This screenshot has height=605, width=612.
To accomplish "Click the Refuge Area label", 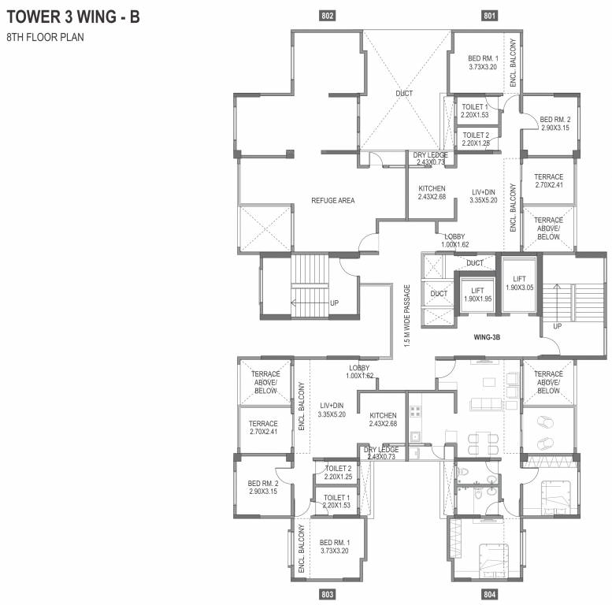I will [x=332, y=201].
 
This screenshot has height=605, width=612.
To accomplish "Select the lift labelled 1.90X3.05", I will [x=519, y=284].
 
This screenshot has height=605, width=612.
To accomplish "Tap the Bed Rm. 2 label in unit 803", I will [x=263, y=487].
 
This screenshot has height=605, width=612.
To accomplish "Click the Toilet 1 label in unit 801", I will [x=475, y=110].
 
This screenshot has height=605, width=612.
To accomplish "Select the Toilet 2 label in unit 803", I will [x=337, y=472].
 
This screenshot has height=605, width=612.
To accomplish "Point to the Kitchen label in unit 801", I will [x=432, y=193].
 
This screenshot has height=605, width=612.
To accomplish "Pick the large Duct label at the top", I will [x=404, y=94].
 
